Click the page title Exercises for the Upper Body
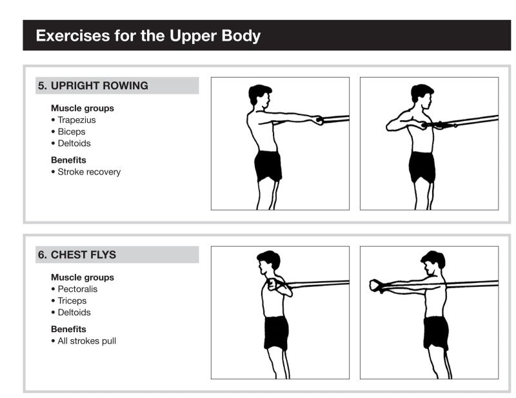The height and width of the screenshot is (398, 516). point(148,36)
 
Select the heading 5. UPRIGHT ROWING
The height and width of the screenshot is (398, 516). point(93,86)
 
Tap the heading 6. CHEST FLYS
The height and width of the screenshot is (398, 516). point(77,255)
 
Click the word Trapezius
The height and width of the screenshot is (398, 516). point(77,120)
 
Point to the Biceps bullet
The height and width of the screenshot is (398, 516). point(72,132)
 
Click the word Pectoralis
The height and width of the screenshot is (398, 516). point(77,289)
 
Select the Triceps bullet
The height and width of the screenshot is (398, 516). point(72,301)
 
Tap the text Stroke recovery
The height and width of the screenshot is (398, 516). point(88,172)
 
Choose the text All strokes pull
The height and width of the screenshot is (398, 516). point(86,341)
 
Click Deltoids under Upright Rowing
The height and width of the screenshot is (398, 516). point(74,143)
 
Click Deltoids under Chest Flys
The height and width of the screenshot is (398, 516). point(74,313)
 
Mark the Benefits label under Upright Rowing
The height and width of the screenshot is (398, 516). point(68,160)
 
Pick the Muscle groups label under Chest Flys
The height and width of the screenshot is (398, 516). point(83,278)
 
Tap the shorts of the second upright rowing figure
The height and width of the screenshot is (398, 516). point(422,167)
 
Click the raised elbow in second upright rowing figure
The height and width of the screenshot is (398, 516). point(390,127)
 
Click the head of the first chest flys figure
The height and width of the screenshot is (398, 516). point(268,261)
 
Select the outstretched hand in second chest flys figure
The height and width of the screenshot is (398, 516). point(377,286)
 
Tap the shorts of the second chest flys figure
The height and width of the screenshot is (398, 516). point(435,333)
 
